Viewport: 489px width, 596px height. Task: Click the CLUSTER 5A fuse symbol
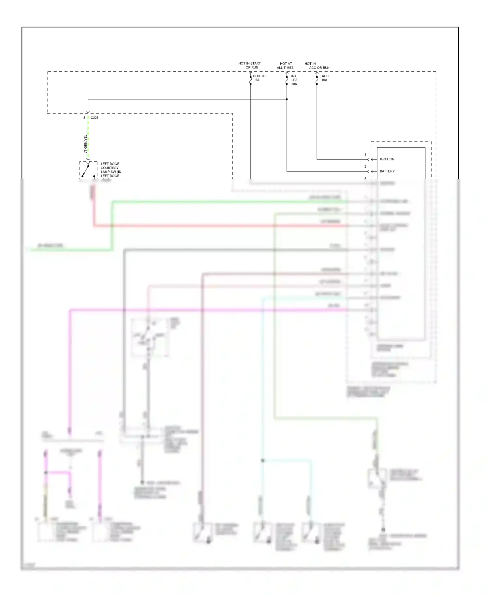click(250, 80)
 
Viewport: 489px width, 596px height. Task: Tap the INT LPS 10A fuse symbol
click(287, 80)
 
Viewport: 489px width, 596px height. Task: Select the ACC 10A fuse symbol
click(317, 80)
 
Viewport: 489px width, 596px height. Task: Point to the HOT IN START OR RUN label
click(250, 65)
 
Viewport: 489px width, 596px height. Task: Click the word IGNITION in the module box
click(387, 159)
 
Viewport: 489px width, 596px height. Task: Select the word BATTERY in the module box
click(387, 171)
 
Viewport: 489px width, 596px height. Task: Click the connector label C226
click(95, 118)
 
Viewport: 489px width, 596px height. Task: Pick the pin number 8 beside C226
click(84, 118)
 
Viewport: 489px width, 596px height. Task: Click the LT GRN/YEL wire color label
click(86, 144)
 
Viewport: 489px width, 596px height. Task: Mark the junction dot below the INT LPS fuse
click(287, 99)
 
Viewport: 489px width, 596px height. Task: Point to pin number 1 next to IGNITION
click(365, 155)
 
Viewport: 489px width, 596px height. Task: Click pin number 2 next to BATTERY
click(365, 167)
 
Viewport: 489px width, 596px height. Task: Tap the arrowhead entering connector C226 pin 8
click(88, 112)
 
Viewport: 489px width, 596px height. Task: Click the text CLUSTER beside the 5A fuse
click(260, 76)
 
